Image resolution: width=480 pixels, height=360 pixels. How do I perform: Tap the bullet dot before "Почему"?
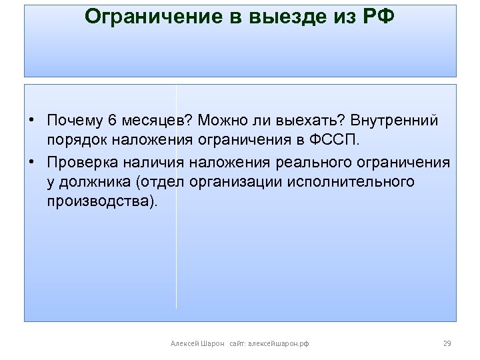tap(33, 121)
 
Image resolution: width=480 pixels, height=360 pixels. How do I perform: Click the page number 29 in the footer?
tap(447, 343)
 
